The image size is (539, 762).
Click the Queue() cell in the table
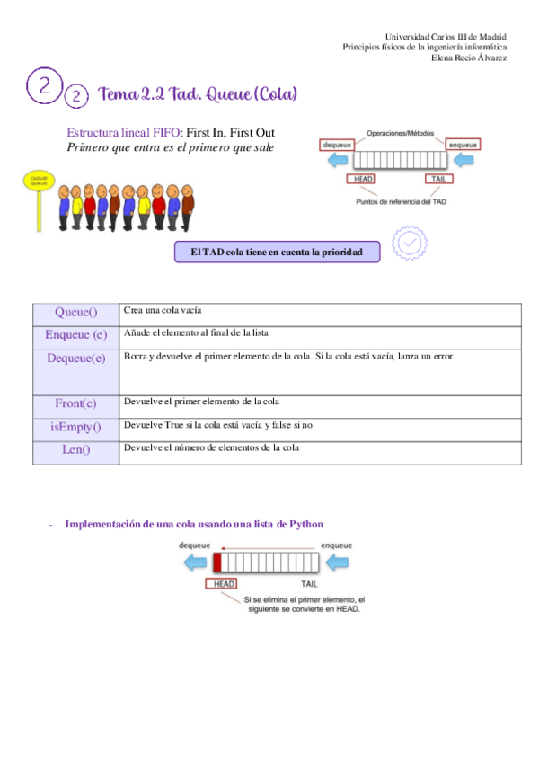[75, 313]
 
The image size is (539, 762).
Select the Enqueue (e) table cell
[75, 335]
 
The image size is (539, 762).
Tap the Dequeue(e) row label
[75, 358]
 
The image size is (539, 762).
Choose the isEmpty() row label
[75, 427]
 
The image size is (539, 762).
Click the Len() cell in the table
[75, 449]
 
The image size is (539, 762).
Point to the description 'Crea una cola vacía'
[162, 309]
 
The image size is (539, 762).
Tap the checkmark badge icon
[410, 243]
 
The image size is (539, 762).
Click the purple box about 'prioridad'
[277, 253]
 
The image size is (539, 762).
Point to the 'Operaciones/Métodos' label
[399, 133]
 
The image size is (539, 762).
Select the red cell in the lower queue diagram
[217, 563]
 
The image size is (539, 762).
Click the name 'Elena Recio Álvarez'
[469, 58]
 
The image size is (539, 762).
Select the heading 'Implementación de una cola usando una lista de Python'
[194, 524]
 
